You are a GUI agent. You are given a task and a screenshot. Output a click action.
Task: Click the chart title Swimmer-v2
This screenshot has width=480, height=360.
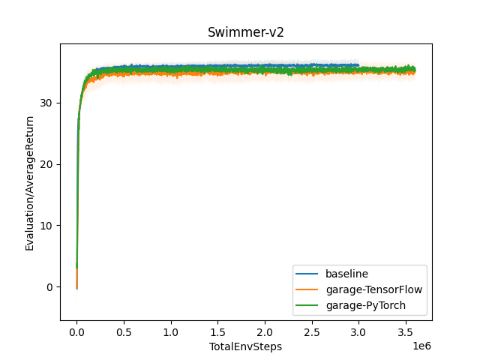[x=245, y=33]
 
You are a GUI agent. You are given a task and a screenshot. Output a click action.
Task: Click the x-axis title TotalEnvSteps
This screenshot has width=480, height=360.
[x=245, y=347]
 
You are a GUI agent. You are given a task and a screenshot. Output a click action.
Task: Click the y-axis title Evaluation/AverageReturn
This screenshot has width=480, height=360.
[x=30, y=182]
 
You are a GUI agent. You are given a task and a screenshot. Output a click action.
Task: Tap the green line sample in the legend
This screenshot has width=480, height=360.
[x=307, y=305]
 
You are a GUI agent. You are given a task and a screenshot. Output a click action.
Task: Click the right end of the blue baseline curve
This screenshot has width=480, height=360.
[x=358, y=65]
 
